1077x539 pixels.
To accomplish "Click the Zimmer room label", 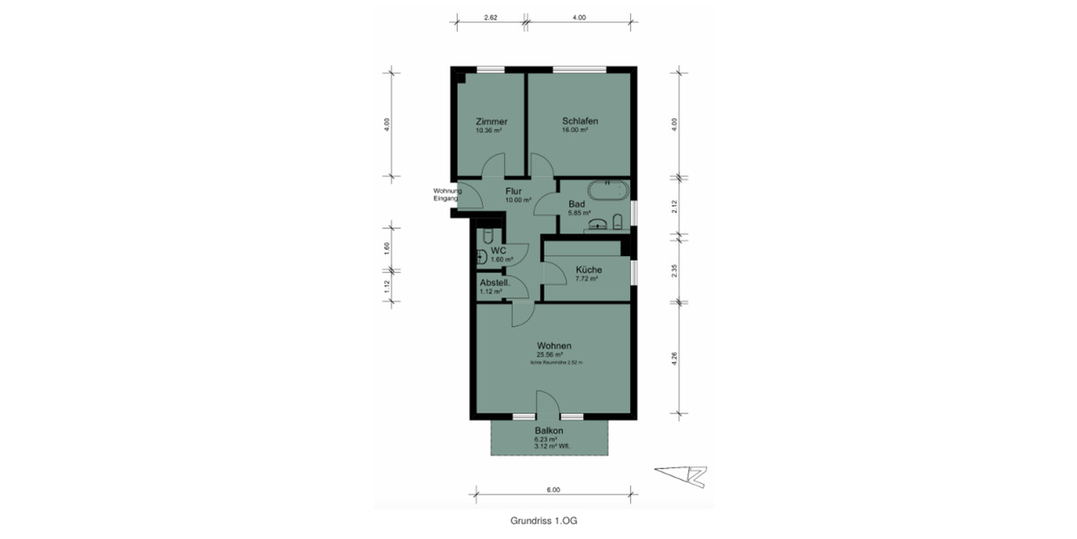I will pos(492,121).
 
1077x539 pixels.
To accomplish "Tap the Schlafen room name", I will pos(580,121).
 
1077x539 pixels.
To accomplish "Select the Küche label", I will pos(589,269).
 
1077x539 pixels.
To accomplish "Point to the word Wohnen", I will pos(555,345).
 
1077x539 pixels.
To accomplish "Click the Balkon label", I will pos(548,430).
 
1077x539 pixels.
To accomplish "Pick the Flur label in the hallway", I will pos(513,191).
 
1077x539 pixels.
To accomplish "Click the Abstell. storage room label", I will pos(495,282).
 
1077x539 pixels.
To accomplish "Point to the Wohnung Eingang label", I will pos(446,194).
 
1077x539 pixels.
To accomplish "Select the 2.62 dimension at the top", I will pos(490,17).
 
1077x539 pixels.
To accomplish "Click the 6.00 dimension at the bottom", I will pos(553,490).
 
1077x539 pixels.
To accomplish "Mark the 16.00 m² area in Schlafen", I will pos(574,130).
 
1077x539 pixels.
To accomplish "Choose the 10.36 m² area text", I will pos(488,130).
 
